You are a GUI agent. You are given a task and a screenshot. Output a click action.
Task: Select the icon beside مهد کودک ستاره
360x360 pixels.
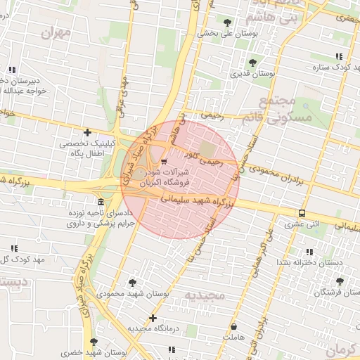click(339, 56)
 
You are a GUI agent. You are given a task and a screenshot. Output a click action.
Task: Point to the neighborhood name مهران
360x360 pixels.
click(56, 32)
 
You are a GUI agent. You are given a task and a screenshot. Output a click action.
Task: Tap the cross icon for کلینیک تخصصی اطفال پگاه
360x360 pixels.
click(87, 132)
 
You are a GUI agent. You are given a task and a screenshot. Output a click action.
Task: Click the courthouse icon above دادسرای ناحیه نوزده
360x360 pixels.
click(101, 202)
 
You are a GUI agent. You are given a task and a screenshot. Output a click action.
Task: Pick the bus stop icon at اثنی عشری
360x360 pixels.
click(302, 214)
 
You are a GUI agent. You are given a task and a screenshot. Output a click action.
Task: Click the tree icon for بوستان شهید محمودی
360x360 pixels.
click(131, 283)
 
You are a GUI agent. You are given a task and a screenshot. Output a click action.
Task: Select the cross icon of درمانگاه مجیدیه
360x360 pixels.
click(153, 318)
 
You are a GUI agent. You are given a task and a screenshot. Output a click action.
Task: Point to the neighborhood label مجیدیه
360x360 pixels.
click(204, 293)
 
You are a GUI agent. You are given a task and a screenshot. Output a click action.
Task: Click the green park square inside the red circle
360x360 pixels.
click(207, 148)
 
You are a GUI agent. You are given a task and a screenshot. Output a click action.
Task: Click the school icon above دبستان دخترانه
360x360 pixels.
click(309, 252)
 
